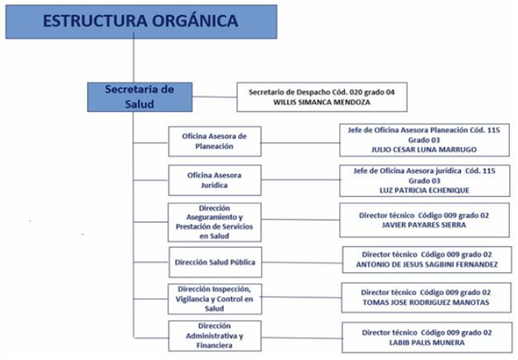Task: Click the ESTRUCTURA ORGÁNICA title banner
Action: coord(141,22)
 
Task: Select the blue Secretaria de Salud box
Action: coord(140,97)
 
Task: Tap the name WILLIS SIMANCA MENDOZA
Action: coord(321,102)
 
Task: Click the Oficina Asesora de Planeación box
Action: coord(215,141)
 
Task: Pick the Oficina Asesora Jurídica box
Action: coord(215,180)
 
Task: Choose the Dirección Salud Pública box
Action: coord(215,262)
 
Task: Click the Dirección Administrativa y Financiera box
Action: coord(215,336)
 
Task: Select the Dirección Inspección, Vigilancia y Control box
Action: coord(215,299)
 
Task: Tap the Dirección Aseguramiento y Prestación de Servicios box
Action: coord(214,223)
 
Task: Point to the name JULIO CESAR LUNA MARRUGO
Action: coord(424,149)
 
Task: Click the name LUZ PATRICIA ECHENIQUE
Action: coord(424,191)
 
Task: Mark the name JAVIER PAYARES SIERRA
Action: coord(424,225)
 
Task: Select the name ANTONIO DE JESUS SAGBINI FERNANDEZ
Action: coord(427,265)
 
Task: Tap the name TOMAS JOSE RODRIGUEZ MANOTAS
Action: coord(426,302)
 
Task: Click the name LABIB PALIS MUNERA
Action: coord(427,342)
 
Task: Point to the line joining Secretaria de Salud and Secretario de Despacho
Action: coord(215,97)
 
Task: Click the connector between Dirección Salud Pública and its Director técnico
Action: coord(302,263)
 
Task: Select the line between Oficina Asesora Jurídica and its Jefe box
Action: coord(301,180)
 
